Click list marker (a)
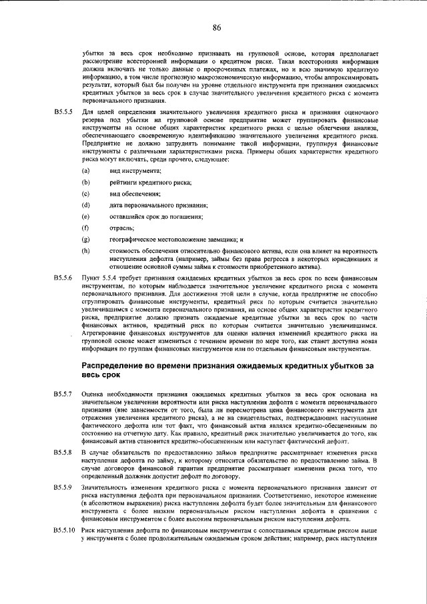tap(85, 172)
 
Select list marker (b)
tap(85, 182)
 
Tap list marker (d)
tap(85, 204)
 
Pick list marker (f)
tap(85, 227)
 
